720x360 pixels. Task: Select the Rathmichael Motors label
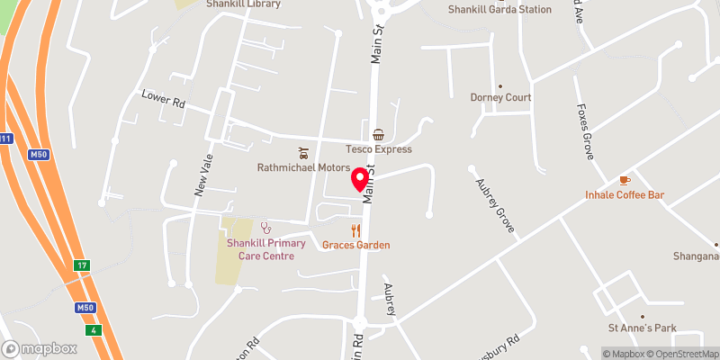point(303,166)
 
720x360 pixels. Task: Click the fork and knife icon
point(357,229)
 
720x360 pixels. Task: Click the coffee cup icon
point(625,180)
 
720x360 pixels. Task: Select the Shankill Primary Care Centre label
point(266,249)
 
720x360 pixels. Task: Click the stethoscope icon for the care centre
point(265,228)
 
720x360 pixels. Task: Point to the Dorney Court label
point(500,97)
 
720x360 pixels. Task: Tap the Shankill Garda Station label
point(499,9)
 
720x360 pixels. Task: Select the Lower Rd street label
point(163,101)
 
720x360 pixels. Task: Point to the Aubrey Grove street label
point(495,204)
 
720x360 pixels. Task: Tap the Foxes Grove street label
point(584,130)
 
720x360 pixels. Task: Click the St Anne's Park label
point(642,328)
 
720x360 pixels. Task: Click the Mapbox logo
point(39,348)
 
